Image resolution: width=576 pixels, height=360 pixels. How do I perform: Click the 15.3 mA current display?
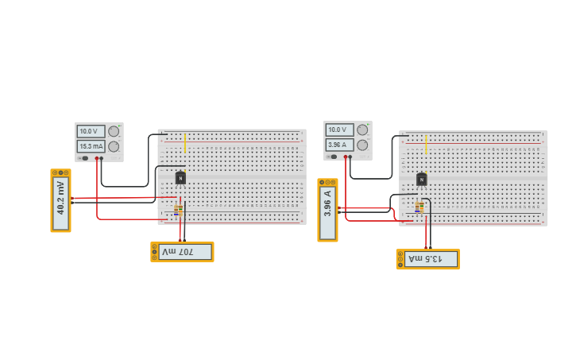91,146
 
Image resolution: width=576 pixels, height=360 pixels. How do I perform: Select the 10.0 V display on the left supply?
91,131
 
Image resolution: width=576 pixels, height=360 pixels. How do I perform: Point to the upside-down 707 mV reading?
184,252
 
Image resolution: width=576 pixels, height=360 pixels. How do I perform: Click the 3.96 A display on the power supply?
339,145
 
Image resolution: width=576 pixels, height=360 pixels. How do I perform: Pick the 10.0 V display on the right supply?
339,130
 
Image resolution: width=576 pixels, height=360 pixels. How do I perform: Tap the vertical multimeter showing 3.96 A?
327,211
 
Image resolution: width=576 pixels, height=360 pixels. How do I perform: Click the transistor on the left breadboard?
180,178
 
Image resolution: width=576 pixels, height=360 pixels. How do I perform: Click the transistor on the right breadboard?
422,180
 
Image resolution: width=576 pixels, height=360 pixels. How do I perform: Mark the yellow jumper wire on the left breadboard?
185,143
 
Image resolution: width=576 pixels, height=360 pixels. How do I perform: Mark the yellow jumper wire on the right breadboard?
426,144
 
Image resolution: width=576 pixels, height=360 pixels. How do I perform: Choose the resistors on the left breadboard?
179,210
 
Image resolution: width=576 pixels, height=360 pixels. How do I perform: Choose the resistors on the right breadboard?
419,207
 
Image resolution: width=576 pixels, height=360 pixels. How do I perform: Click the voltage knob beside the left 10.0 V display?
114,131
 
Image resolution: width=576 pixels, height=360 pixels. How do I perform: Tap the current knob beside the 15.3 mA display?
114,146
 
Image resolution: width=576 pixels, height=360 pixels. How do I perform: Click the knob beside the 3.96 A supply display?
362,145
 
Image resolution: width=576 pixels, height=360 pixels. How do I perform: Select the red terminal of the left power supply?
97,158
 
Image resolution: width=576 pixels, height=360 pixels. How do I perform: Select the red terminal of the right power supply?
346,157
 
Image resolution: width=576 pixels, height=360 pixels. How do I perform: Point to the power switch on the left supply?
85,158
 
